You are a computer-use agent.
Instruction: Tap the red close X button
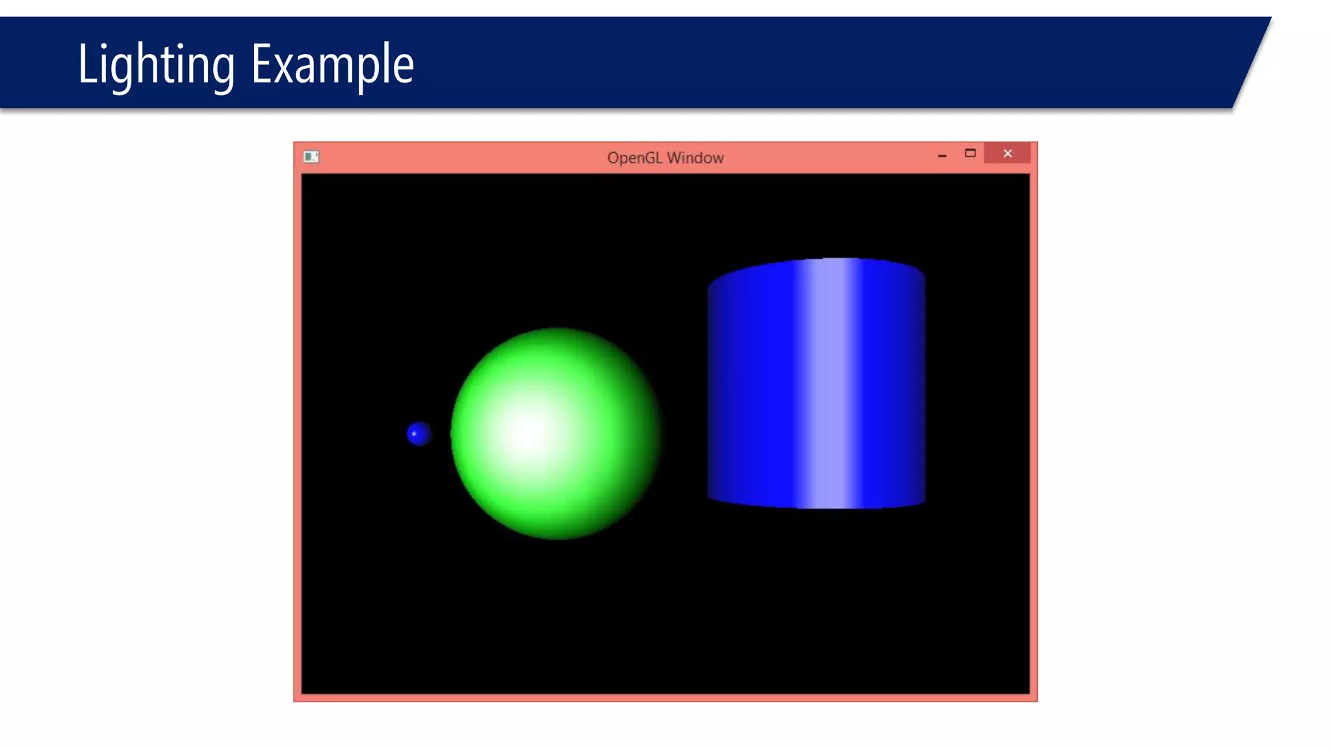click(1007, 153)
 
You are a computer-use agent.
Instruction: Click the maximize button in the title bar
click(970, 153)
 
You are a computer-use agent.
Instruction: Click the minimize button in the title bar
click(942, 155)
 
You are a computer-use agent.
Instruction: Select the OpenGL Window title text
click(665, 158)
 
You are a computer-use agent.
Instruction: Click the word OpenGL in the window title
click(634, 158)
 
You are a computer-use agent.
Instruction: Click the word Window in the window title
click(695, 158)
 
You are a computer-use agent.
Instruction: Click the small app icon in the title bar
click(311, 157)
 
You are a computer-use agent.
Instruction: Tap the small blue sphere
click(420, 434)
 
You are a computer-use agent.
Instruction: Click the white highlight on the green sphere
click(530, 432)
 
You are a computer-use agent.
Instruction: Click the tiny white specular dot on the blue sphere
click(414, 434)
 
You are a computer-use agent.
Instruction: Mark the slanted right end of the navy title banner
click(1251, 62)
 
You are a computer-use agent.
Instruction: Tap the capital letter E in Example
click(260, 64)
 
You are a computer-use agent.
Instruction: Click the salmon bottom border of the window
click(665, 698)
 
